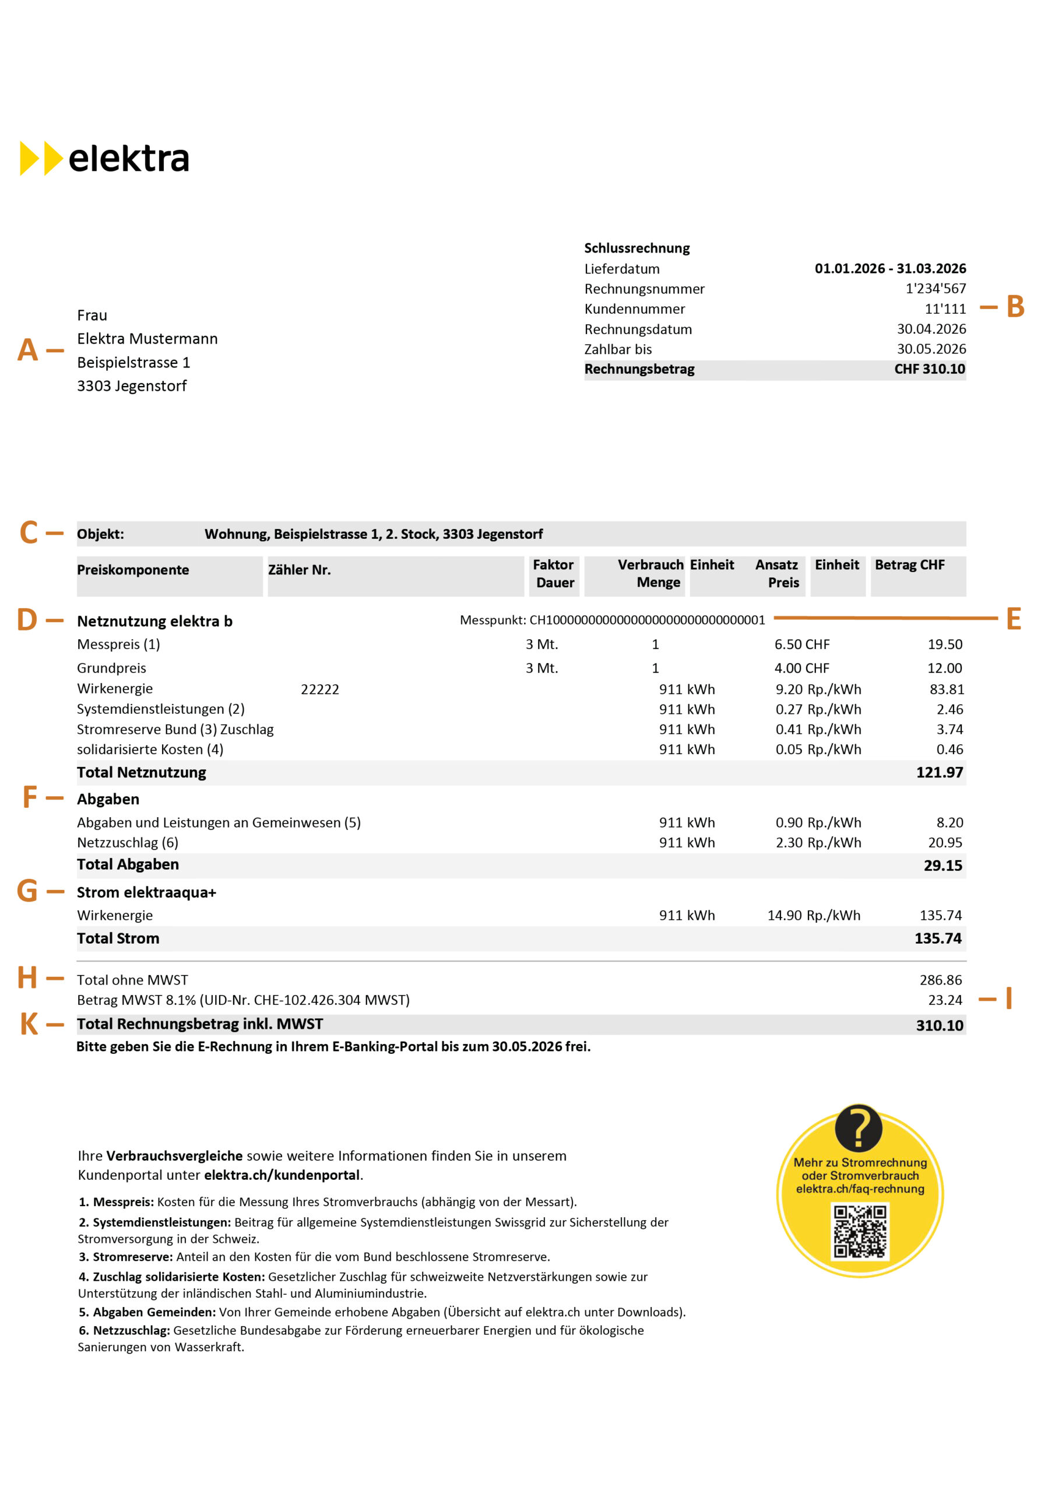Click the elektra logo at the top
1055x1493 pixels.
tap(105, 158)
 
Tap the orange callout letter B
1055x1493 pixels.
tap(1015, 307)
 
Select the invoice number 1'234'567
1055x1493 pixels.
tap(936, 288)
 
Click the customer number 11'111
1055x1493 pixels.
tap(945, 309)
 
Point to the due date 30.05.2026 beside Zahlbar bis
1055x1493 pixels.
tap(931, 349)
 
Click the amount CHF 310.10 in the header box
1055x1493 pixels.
tap(930, 369)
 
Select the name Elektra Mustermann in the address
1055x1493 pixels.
tap(147, 339)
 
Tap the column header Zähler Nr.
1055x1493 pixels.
tap(299, 570)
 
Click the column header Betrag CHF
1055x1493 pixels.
tap(909, 565)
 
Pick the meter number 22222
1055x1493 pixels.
tap(320, 689)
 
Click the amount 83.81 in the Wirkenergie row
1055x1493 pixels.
tap(947, 689)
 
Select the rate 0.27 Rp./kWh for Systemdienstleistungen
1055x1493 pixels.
tap(818, 709)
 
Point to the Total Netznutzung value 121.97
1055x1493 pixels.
tap(939, 773)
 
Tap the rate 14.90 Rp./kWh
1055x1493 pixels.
tap(813, 916)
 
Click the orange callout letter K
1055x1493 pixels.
tap(29, 1024)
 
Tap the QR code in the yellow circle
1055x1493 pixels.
tap(860, 1231)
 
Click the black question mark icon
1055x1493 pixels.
tap(858, 1128)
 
